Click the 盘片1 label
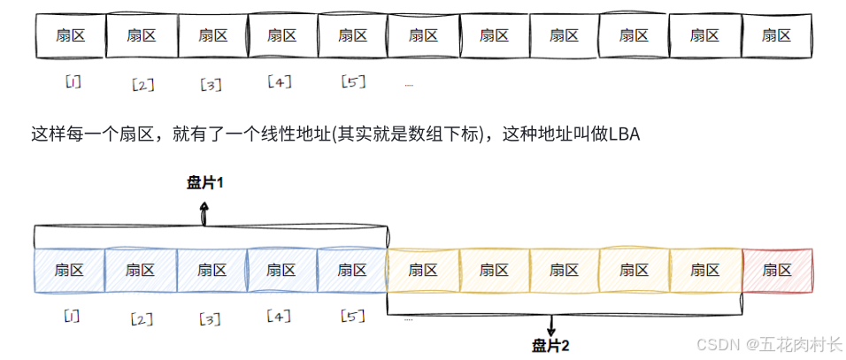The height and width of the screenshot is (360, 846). coord(205,183)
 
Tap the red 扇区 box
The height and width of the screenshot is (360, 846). coord(777,270)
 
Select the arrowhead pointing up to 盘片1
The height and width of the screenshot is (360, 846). coord(205,206)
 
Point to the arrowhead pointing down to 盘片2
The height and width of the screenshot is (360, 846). coord(552,329)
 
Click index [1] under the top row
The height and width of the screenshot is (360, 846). coord(73,82)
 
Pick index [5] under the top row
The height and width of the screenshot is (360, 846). coord(353,82)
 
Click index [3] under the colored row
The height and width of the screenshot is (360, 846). coord(211,318)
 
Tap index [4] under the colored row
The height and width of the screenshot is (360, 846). coord(280,316)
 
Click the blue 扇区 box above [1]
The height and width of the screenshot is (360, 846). coord(69,270)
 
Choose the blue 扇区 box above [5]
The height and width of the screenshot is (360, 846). coord(352,270)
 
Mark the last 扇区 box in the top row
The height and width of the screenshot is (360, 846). coord(777,35)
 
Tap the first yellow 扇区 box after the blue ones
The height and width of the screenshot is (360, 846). coord(423,270)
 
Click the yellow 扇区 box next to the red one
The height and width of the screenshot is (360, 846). coord(705,270)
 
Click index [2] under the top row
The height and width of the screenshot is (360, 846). coord(142,85)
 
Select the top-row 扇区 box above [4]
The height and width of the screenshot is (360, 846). coord(281,35)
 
